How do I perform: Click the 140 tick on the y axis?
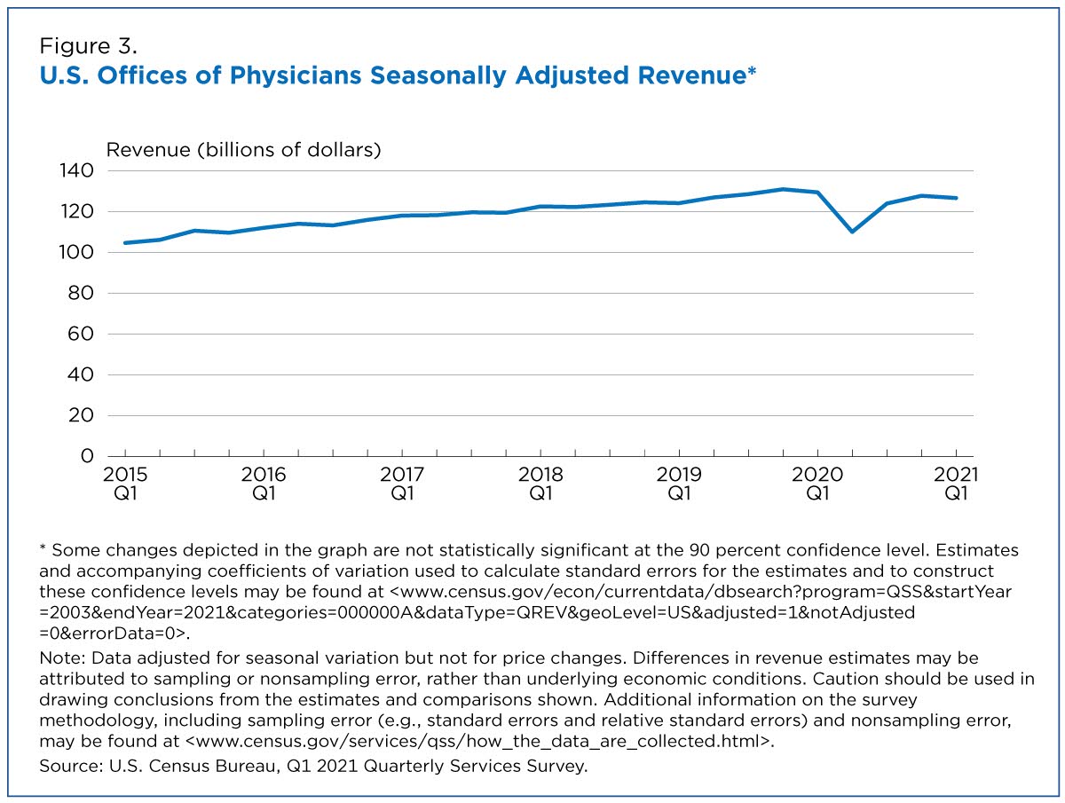click(76, 170)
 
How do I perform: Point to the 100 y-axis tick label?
click(76, 252)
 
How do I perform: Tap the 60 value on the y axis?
click(81, 334)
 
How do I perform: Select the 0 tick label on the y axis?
click(87, 456)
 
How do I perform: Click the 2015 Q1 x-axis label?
click(125, 484)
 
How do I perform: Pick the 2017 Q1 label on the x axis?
click(402, 484)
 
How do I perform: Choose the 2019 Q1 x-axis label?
click(679, 484)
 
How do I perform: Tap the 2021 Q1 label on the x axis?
click(956, 484)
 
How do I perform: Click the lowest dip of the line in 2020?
click(853, 232)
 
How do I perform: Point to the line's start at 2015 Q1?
click(125, 243)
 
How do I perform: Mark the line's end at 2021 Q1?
click(957, 198)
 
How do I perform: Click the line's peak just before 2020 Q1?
click(783, 189)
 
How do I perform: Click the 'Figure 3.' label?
click(88, 46)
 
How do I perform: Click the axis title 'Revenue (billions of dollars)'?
click(243, 150)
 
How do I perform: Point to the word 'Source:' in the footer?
click(71, 766)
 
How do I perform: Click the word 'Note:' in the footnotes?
click(63, 658)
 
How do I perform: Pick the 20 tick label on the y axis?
click(81, 415)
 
